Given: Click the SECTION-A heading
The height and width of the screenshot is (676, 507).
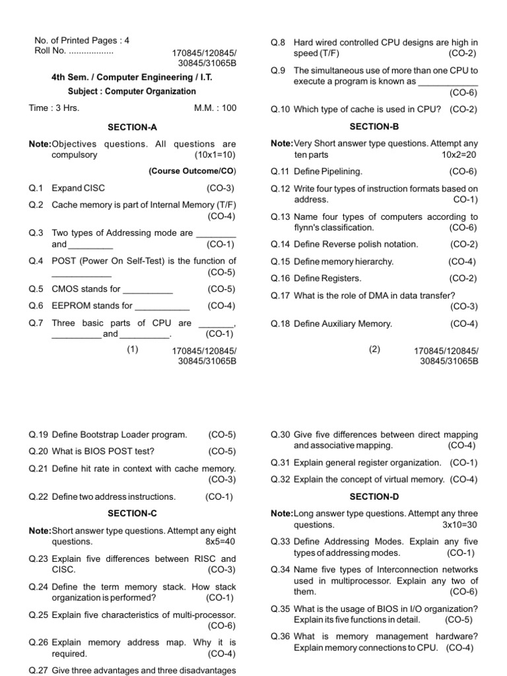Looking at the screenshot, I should click(x=132, y=126).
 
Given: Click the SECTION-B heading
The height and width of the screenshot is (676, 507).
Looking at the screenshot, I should click(x=374, y=125).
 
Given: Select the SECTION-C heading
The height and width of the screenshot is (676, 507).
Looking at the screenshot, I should click(x=132, y=513).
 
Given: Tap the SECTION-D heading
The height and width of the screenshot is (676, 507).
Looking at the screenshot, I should click(x=374, y=496).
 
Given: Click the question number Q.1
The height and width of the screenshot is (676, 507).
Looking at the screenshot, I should click(x=36, y=188).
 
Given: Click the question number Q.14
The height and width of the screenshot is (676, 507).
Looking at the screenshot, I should click(x=280, y=244).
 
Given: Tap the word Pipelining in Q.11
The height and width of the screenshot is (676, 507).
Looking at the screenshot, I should click(x=341, y=171).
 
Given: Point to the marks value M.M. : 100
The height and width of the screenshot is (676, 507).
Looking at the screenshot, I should click(x=215, y=108).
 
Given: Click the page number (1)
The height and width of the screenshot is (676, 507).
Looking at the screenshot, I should click(x=133, y=349).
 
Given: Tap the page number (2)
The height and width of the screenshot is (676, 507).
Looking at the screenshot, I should click(x=375, y=349).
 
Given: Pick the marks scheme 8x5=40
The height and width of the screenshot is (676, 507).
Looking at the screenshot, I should click(x=220, y=541).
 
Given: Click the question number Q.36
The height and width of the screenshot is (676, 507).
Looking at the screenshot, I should click(x=280, y=636).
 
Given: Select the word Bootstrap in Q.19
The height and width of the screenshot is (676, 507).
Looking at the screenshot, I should click(x=99, y=435).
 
